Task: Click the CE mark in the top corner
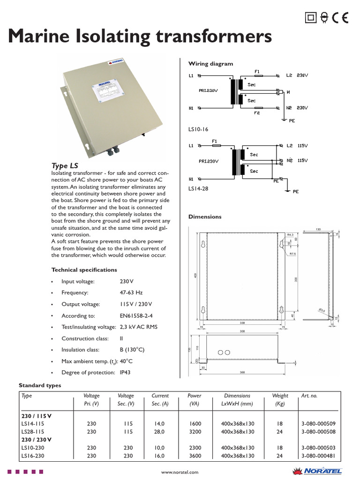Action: coord(340,18)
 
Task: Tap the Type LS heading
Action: coord(64,166)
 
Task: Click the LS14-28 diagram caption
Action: coord(198,188)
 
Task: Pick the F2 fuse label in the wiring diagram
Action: coord(257,113)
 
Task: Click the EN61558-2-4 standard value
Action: coord(136,316)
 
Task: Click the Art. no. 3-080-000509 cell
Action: coord(319,423)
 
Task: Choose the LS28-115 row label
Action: coord(33,432)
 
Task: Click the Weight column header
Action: coord(280,396)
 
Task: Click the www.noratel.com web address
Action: coord(180,472)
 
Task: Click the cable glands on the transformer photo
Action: coord(112,151)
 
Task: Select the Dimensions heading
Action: coord(205,217)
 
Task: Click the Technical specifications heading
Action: coord(84,270)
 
